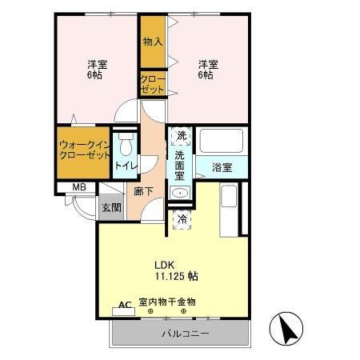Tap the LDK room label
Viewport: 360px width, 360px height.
tap(165, 264)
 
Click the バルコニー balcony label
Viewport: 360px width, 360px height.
tap(186, 333)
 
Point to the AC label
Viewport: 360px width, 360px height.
tap(125, 305)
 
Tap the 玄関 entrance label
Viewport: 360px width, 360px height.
tap(111, 207)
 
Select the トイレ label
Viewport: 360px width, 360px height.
tap(126, 166)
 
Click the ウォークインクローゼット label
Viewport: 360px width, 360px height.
tap(83, 150)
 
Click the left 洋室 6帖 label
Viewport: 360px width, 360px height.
tap(94, 69)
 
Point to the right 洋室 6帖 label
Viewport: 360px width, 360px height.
tap(206, 69)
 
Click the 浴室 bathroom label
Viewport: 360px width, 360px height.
tap(222, 167)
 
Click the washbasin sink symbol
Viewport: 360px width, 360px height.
tap(180, 193)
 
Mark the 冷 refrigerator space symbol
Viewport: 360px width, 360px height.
tap(182, 218)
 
